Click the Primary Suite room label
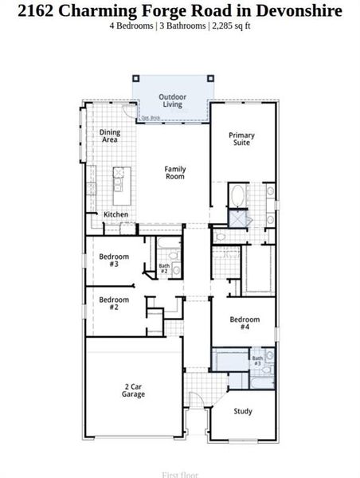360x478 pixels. (241, 139)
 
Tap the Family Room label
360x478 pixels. (175, 172)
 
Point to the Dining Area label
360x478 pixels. (109, 135)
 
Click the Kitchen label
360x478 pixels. (115, 214)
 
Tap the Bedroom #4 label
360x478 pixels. (245, 323)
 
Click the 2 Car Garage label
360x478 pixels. (133, 391)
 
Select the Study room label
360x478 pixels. (243, 411)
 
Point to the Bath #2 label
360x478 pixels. (164, 268)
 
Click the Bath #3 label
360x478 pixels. (257, 362)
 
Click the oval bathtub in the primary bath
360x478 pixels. (237, 195)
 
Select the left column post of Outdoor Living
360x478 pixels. (136, 78)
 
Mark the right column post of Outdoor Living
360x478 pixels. (209, 78)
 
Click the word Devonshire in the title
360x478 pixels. (296, 10)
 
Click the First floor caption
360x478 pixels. (180, 475)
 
